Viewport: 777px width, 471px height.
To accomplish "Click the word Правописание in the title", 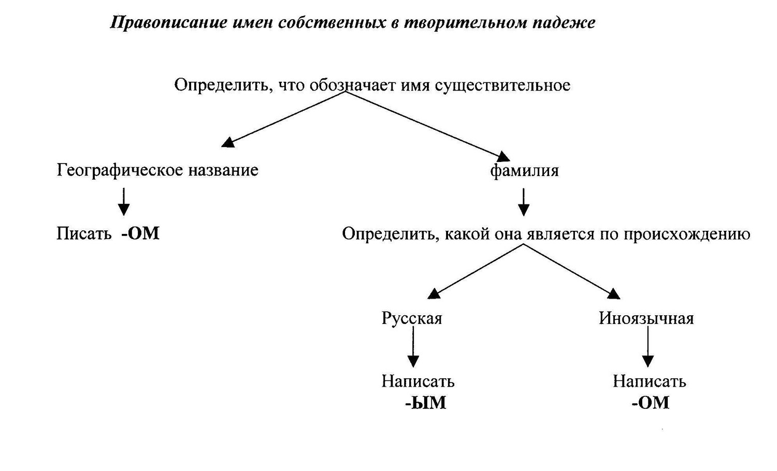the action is pyautogui.click(x=168, y=23).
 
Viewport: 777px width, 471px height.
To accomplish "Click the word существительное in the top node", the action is pyautogui.click(x=502, y=85).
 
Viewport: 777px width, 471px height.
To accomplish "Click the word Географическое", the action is pyautogui.click(x=120, y=170).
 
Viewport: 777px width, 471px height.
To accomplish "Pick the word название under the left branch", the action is pyautogui.click(x=223, y=170).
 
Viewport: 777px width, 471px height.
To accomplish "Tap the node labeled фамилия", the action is pyautogui.click(x=524, y=170).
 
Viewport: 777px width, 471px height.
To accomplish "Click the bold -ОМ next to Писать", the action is pyautogui.click(x=140, y=233).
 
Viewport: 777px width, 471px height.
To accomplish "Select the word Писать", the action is pyautogui.click(x=84, y=233).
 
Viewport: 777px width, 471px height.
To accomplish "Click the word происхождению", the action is pyautogui.click(x=687, y=234).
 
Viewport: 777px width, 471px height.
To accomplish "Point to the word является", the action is pyautogui.click(x=559, y=233).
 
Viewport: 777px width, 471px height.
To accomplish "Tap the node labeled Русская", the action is pyautogui.click(x=412, y=318).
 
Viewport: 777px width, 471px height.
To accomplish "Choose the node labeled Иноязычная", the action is pyautogui.click(x=646, y=318).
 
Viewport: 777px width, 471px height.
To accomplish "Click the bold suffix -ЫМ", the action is pyautogui.click(x=426, y=403).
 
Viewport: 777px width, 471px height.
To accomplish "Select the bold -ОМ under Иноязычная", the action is pyautogui.click(x=651, y=403).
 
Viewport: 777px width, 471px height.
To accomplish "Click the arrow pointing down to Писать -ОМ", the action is pyautogui.click(x=124, y=202).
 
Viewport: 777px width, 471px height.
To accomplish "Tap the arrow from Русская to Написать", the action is pyautogui.click(x=413, y=347).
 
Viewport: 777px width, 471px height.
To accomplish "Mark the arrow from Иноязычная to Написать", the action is pyautogui.click(x=647, y=347).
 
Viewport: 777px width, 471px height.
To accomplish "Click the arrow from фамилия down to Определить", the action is pyautogui.click(x=523, y=202).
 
